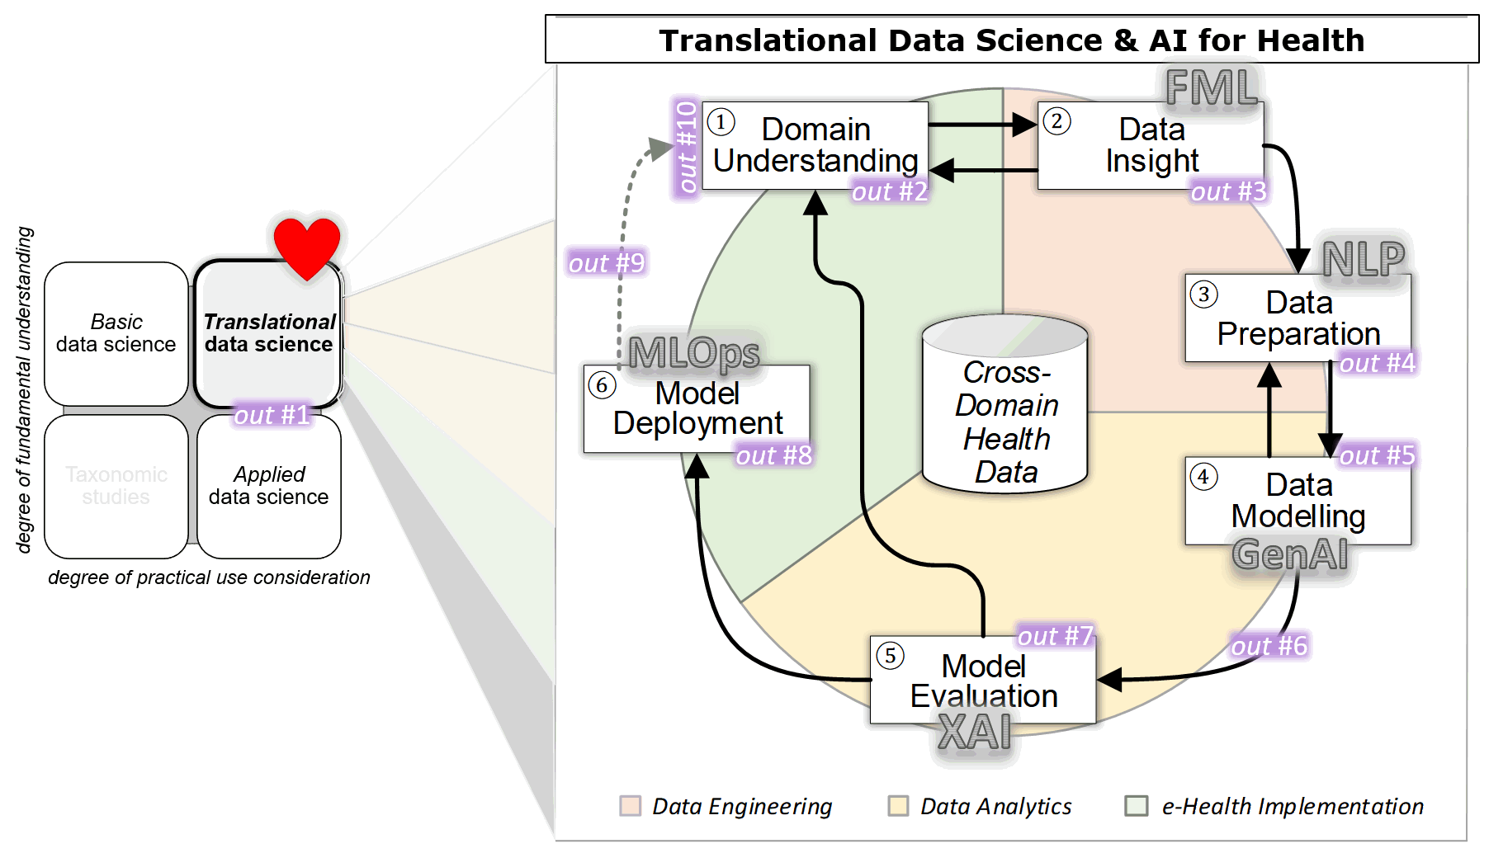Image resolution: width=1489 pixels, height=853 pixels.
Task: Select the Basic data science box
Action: tap(116, 333)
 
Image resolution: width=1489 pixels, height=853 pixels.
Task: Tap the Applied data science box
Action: tap(269, 486)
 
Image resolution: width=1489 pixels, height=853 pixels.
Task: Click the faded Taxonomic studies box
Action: tap(116, 486)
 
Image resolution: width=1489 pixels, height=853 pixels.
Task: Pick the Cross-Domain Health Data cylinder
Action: tap(1005, 405)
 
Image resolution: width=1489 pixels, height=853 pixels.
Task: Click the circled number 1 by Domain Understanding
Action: tap(721, 122)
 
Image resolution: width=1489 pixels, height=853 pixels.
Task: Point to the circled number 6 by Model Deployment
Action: tap(602, 384)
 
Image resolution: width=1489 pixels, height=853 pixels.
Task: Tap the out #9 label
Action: tap(607, 263)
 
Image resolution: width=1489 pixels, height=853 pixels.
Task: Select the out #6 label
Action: tap(1269, 646)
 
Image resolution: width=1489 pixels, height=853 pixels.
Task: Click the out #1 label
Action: tap(272, 415)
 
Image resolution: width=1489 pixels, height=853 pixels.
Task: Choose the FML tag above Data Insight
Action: tap(1212, 87)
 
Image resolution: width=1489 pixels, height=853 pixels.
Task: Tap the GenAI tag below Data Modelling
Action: tap(1290, 554)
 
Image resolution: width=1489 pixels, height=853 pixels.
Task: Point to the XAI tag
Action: tap(975, 732)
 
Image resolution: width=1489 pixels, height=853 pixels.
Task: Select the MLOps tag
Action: tap(693, 353)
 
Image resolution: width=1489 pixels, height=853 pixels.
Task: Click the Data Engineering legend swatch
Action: tap(631, 806)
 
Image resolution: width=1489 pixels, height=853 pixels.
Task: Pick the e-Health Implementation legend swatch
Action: tap(1137, 806)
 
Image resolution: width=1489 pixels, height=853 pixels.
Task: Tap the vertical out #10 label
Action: tap(686, 147)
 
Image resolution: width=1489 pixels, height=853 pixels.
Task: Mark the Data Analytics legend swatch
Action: tap(898, 806)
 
